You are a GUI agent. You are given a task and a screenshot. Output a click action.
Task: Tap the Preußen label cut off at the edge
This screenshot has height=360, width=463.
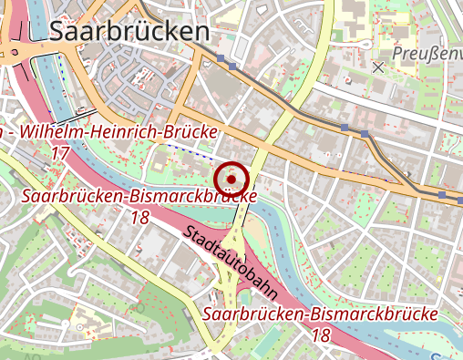(427, 56)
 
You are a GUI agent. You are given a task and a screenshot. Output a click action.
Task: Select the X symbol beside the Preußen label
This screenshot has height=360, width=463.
(378, 67)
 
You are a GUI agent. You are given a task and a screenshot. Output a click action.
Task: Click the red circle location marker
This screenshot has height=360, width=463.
(232, 177)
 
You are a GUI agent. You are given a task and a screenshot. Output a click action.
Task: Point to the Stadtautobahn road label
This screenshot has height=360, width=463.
(231, 264)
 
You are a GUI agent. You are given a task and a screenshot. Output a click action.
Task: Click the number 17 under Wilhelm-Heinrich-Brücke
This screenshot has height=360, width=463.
(60, 153)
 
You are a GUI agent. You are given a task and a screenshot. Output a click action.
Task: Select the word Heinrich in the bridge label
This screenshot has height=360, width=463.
(126, 132)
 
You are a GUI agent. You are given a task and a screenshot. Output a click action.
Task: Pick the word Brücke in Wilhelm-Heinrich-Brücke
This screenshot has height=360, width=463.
(190, 132)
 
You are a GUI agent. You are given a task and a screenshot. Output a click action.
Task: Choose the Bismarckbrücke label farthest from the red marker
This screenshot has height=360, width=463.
(321, 314)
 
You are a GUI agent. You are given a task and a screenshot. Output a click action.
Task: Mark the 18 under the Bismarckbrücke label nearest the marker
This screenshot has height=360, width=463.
(139, 218)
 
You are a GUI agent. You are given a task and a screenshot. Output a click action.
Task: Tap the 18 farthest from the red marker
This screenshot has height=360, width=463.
(321, 335)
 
